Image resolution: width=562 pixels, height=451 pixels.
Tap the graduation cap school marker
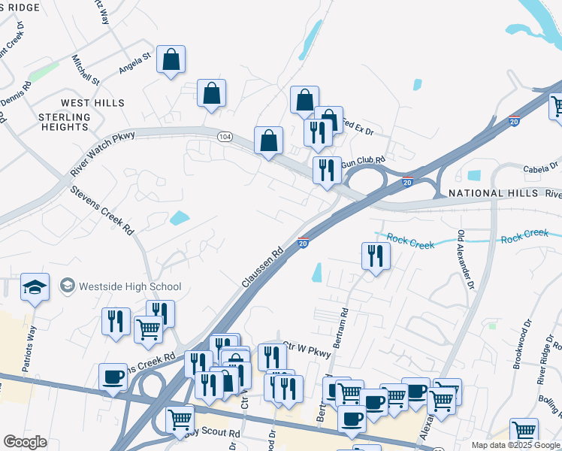(35, 288)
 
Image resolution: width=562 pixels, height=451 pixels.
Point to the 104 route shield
(225, 137)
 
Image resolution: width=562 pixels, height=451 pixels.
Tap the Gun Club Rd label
(363, 161)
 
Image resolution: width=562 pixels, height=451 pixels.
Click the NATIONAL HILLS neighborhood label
(497, 193)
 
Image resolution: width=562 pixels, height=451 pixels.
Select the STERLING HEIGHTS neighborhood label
(64, 122)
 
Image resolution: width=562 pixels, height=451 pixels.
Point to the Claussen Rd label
(262, 267)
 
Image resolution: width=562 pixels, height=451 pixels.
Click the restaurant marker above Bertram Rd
(374, 256)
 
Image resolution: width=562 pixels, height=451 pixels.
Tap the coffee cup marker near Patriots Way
(113, 377)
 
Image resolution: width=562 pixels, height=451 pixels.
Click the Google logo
(25, 442)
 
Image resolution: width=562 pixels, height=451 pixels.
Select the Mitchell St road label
(86, 69)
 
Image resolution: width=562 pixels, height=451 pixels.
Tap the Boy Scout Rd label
(213, 434)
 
